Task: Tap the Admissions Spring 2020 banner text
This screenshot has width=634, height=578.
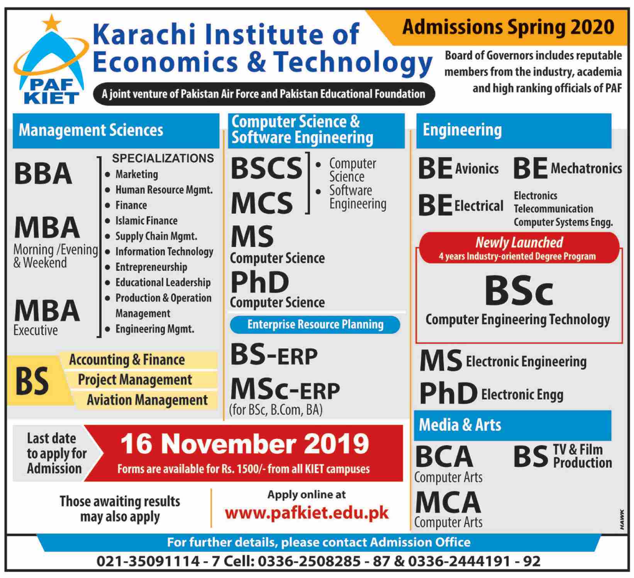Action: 508,27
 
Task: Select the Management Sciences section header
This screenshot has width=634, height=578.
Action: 91,130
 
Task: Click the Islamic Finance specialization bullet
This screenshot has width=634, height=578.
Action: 146,221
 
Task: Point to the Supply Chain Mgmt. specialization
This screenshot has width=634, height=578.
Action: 156,236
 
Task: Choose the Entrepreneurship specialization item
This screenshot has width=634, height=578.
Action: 151,267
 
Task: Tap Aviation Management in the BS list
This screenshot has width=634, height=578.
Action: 147,400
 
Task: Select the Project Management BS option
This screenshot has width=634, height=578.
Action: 135,380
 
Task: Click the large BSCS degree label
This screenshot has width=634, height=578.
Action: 266,168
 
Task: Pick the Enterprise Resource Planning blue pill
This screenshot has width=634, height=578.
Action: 315,325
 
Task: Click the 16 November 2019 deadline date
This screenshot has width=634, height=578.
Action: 245,444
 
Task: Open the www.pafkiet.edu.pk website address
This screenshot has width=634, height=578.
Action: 307,513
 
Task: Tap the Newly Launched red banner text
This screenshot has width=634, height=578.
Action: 519,242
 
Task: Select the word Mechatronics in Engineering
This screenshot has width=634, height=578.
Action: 586,168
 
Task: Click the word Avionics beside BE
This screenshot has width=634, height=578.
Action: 476,169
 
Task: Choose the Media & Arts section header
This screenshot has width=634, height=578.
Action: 460,425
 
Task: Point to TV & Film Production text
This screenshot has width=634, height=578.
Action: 582,456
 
